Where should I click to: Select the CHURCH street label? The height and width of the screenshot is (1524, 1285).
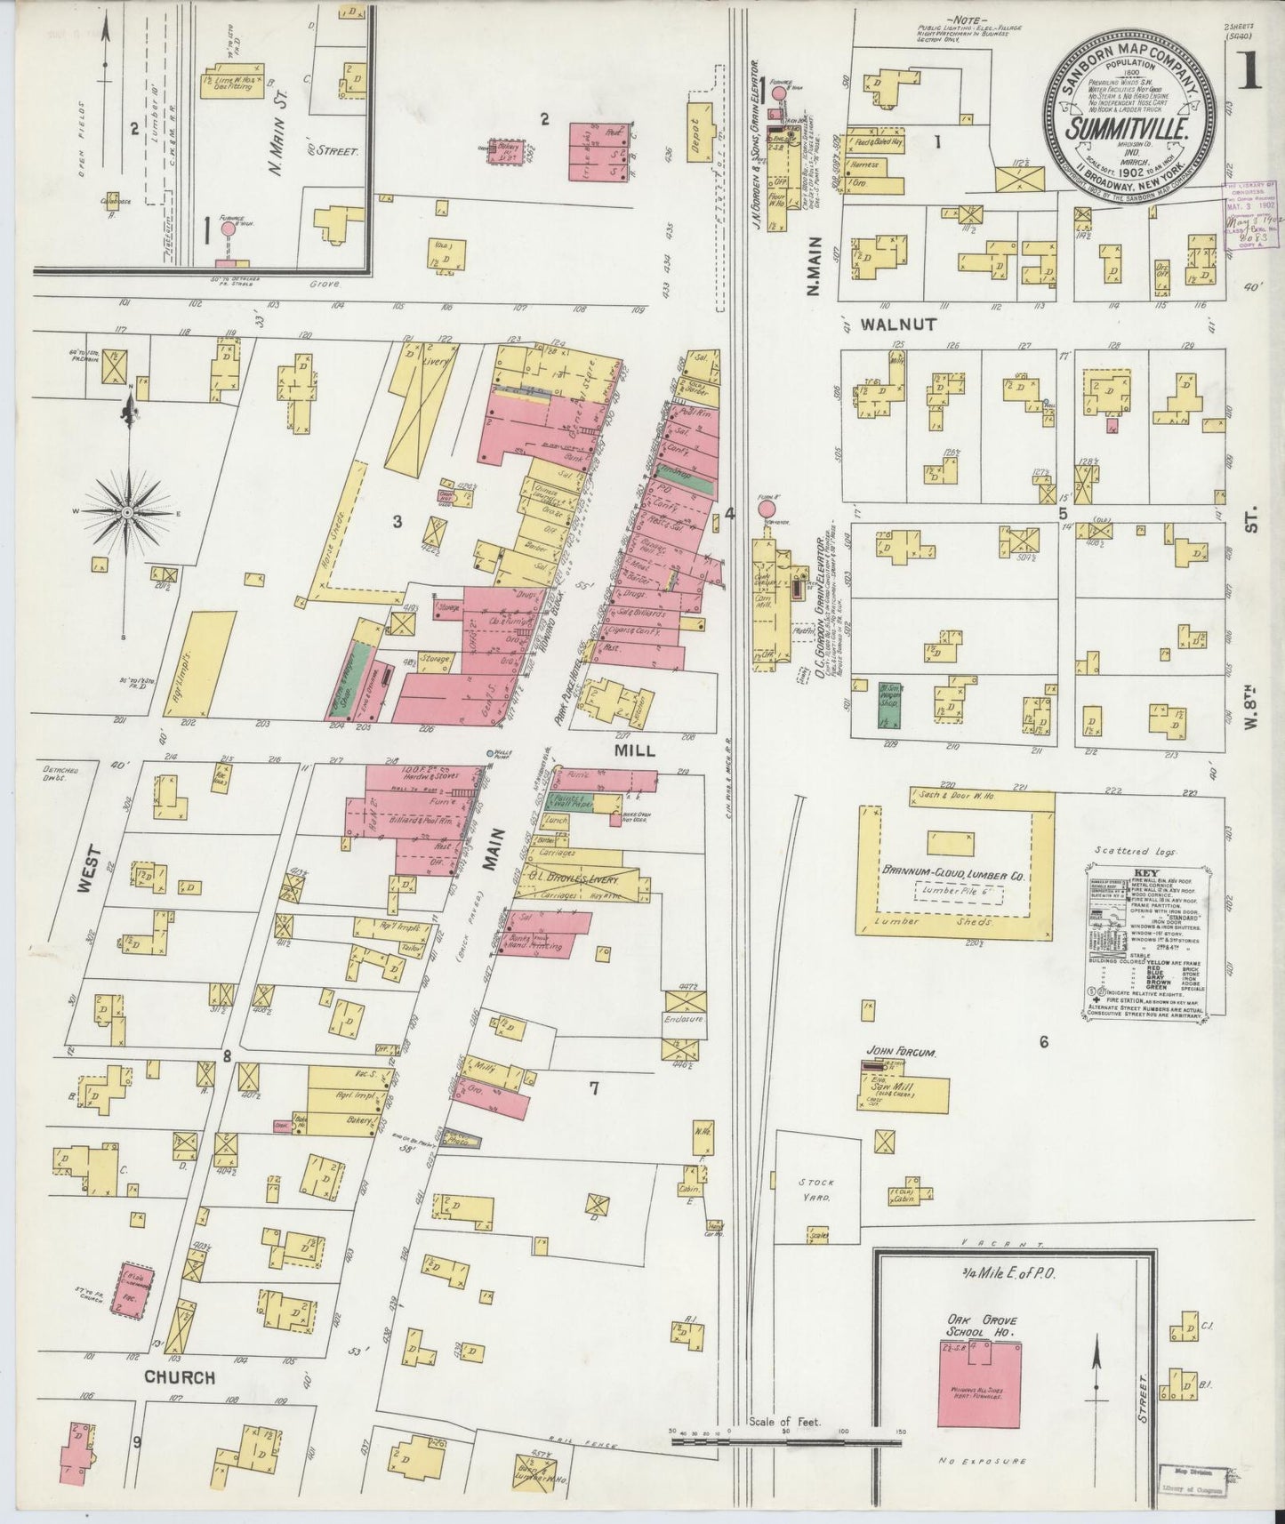[x=181, y=1377]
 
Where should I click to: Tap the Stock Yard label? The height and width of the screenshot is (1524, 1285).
[x=815, y=1191]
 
